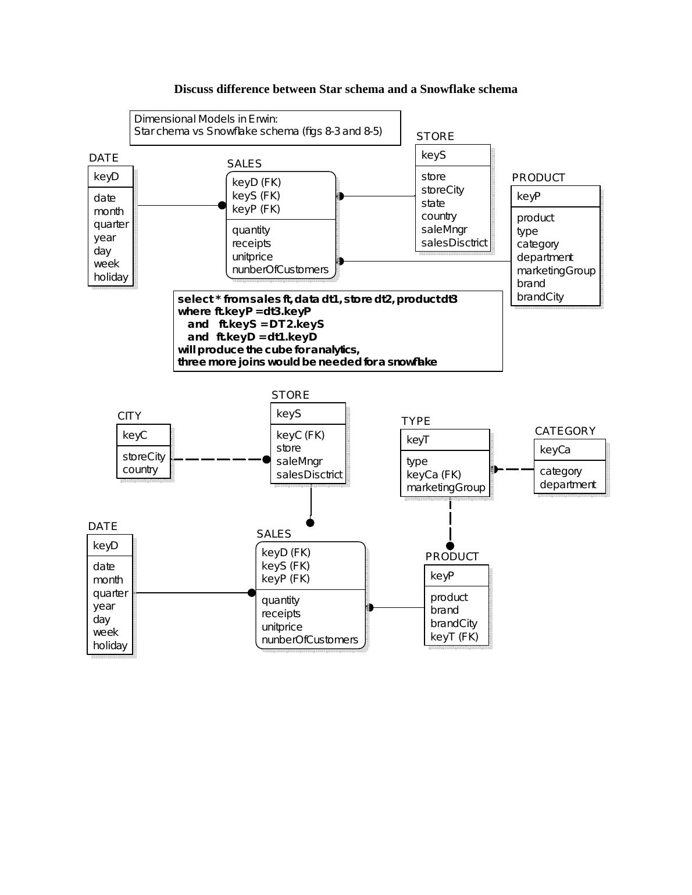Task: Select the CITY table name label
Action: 129,416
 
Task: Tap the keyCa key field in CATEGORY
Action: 555,450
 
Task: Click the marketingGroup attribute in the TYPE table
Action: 445,488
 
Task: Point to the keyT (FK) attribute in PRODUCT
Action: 454,636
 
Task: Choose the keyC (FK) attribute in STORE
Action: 300,435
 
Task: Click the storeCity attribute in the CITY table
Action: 144,456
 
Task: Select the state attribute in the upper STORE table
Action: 433,203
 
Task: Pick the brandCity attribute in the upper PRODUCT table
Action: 540,296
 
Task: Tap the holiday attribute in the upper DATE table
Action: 110,277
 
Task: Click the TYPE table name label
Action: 416,421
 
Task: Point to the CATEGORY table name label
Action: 565,431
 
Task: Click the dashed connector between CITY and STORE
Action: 218,459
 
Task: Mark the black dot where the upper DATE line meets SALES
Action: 222,205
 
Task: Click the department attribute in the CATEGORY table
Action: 568,484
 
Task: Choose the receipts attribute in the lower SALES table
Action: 281,613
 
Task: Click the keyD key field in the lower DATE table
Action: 105,545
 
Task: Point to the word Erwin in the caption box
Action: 263,119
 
